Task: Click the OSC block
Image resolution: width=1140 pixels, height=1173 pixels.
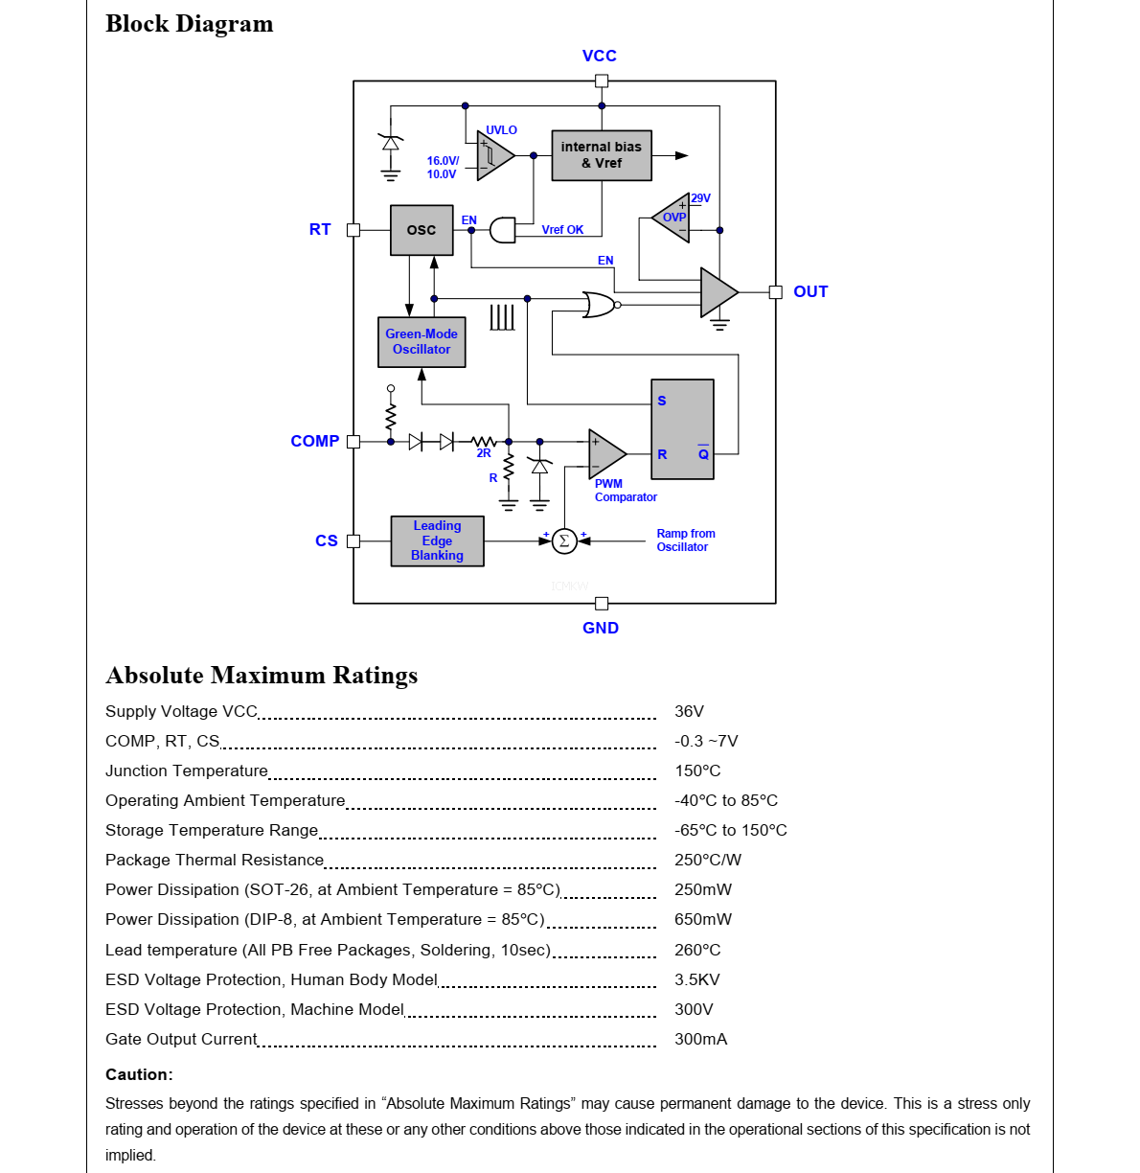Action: coord(422,230)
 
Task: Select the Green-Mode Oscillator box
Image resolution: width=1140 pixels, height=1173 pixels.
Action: coord(422,342)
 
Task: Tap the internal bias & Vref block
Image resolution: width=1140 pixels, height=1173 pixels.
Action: coord(602,155)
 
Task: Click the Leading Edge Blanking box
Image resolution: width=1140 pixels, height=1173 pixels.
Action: coord(437,540)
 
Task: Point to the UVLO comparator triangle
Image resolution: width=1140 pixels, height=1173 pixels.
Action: coord(493,155)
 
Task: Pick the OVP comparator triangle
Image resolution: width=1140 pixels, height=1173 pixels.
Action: coord(673,218)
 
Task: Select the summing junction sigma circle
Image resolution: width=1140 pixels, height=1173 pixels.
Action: coord(564,541)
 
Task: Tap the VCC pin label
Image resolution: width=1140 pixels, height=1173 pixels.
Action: coord(600,56)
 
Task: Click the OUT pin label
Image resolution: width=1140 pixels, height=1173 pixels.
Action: coord(810,291)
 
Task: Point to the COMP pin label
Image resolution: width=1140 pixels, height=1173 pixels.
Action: coord(315,441)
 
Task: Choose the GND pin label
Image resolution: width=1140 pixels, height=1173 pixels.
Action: coord(601,628)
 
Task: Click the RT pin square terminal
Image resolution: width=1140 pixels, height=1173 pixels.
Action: coord(353,230)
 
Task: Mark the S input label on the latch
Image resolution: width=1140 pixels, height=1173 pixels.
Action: coord(662,401)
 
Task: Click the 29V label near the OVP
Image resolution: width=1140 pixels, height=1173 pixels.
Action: coord(701,198)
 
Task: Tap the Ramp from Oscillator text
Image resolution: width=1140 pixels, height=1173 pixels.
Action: coord(685,540)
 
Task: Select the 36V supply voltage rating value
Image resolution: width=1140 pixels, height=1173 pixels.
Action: coord(689,711)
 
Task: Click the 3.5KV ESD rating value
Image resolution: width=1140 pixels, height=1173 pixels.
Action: coord(696,979)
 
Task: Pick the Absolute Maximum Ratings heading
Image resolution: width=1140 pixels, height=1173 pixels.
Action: coord(262,676)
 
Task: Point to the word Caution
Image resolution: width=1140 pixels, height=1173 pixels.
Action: coord(139,1074)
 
